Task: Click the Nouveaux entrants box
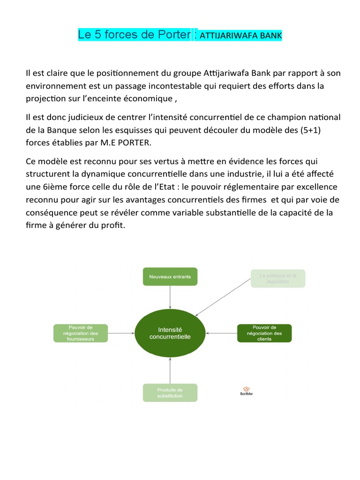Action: point(170,277)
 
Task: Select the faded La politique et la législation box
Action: point(278,278)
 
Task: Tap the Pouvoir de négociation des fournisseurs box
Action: point(81,333)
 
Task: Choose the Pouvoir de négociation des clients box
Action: point(264,333)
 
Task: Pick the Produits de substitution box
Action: point(170,393)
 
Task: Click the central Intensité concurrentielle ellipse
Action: point(170,333)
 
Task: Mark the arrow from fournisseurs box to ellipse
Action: point(121,333)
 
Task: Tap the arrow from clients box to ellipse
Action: point(221,333)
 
